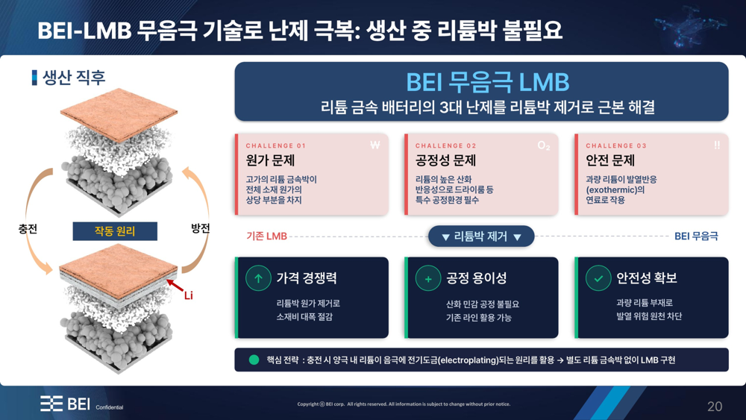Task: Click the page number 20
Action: pyautogui.click(x=715, y=407)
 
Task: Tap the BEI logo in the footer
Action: pyautogui.click(x=65, y=404)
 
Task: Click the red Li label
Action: pyautogui.click(x=189, y=295)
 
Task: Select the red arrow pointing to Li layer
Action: pyautogui.click(x=175, y=286)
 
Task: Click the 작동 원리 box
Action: pyautogui.click(x=115, y=231)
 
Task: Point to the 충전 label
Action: pyautogui.click(x=28, y=229)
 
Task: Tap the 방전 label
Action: pyautogui.click(x=200, y=228)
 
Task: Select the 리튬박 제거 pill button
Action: pyautogui.click(x=481, y=236)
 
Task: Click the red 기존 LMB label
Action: pyautogui.click(x=266, y=236)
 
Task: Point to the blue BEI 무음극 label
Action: pyautogui.click(x=696, y=236)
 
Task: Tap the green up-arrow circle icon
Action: pyautogui.click(x=258, y=278)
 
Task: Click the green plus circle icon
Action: pyautogui.click(x=428, y=278)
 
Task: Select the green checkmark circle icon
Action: pyautogui.click(x=598, y=278)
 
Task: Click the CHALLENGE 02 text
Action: pyautogui.click(x=446, y=145)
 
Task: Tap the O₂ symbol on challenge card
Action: pyautogui.click(x=544, y=145)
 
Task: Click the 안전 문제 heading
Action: pyautogui.click(x=610, y=160)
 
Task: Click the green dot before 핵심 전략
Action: pyautogui.click(x=254, y=360)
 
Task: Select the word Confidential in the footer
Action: pyautogui.click(x=110, y=407)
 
